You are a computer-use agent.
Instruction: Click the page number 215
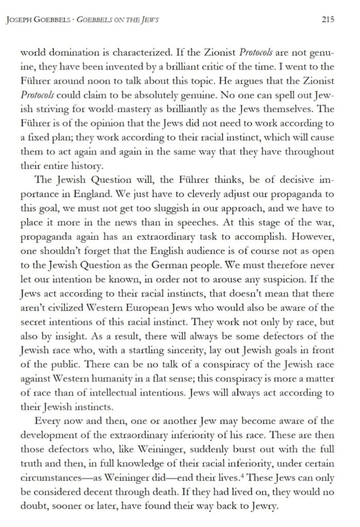pyautogui.click(x=328, y=20)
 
